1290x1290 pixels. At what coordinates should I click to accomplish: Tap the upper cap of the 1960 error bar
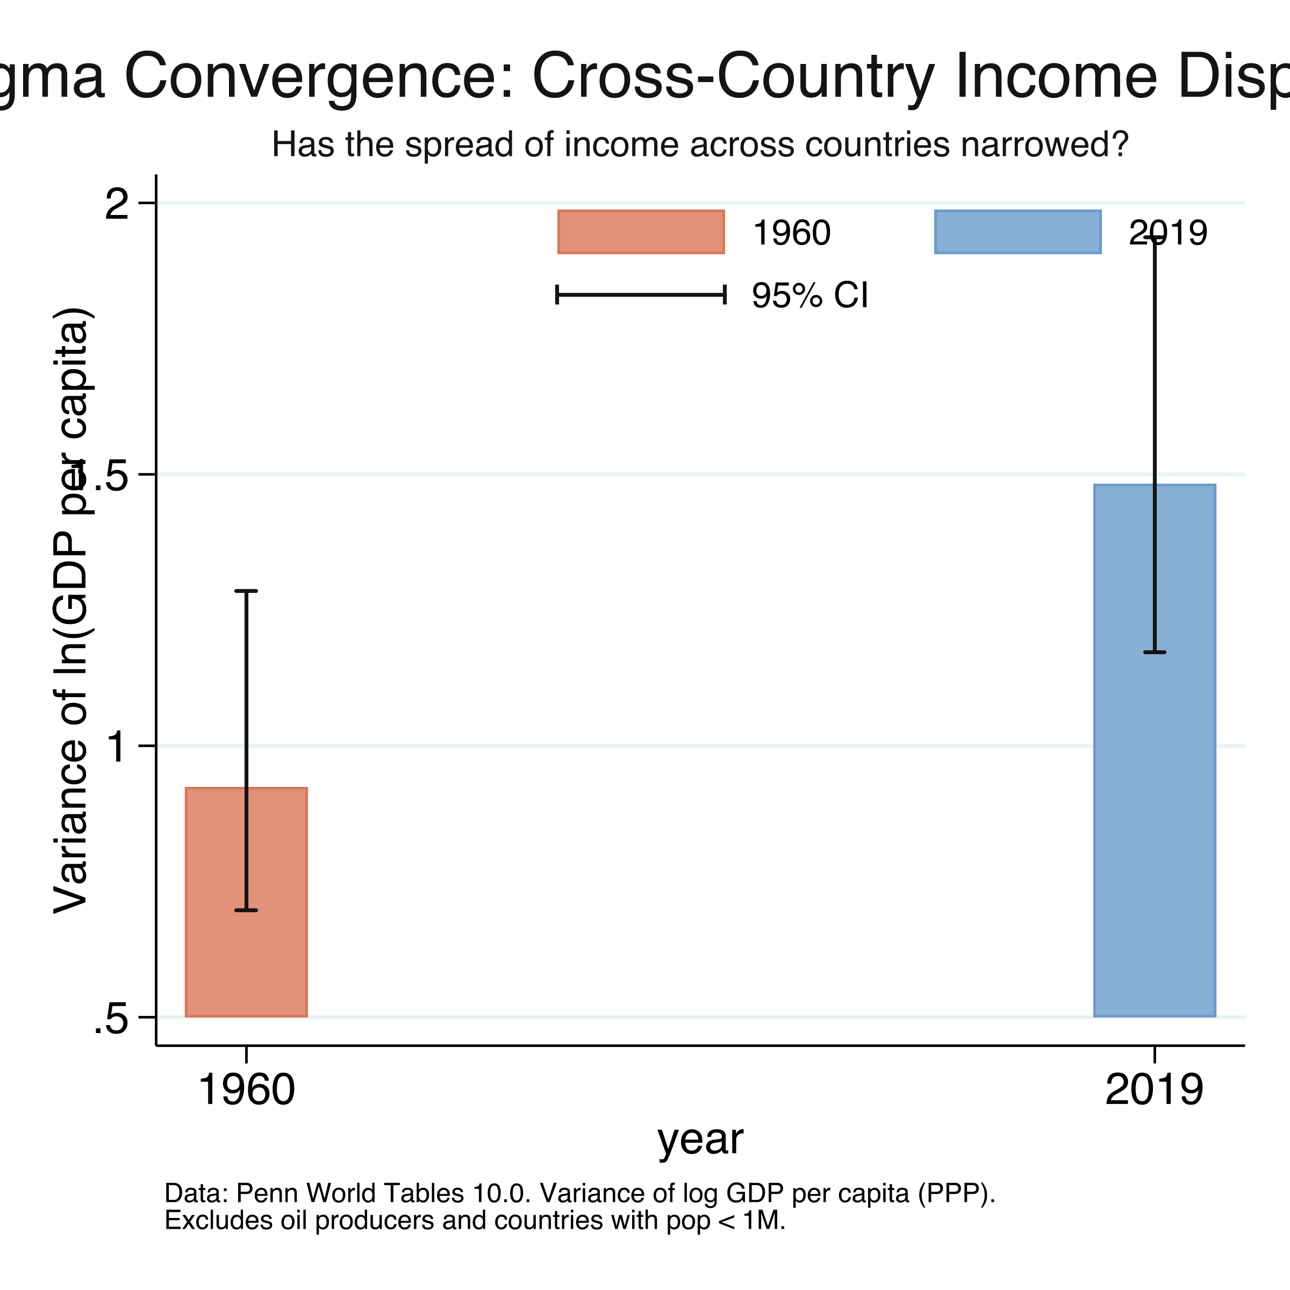click(x=246, y=591)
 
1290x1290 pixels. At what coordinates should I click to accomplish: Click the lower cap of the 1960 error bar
click(x=246, y=910)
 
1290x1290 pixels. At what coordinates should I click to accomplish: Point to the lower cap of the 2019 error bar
click(x=1155, y=651)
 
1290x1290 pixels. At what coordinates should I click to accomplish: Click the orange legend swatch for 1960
click(x=641, y=232)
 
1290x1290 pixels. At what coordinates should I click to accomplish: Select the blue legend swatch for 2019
click(x=1017, y=232)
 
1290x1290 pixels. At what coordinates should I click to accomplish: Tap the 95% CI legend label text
click(x=809, y=295)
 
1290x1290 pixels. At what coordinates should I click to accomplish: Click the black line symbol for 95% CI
click(x=641, y=295)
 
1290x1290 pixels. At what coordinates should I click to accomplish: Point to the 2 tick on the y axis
click(x=118, y=204)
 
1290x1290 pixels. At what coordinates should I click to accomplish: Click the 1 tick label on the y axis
click(x=118, y=747)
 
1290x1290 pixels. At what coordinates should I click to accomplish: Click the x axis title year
click(x=700, y=1139)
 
